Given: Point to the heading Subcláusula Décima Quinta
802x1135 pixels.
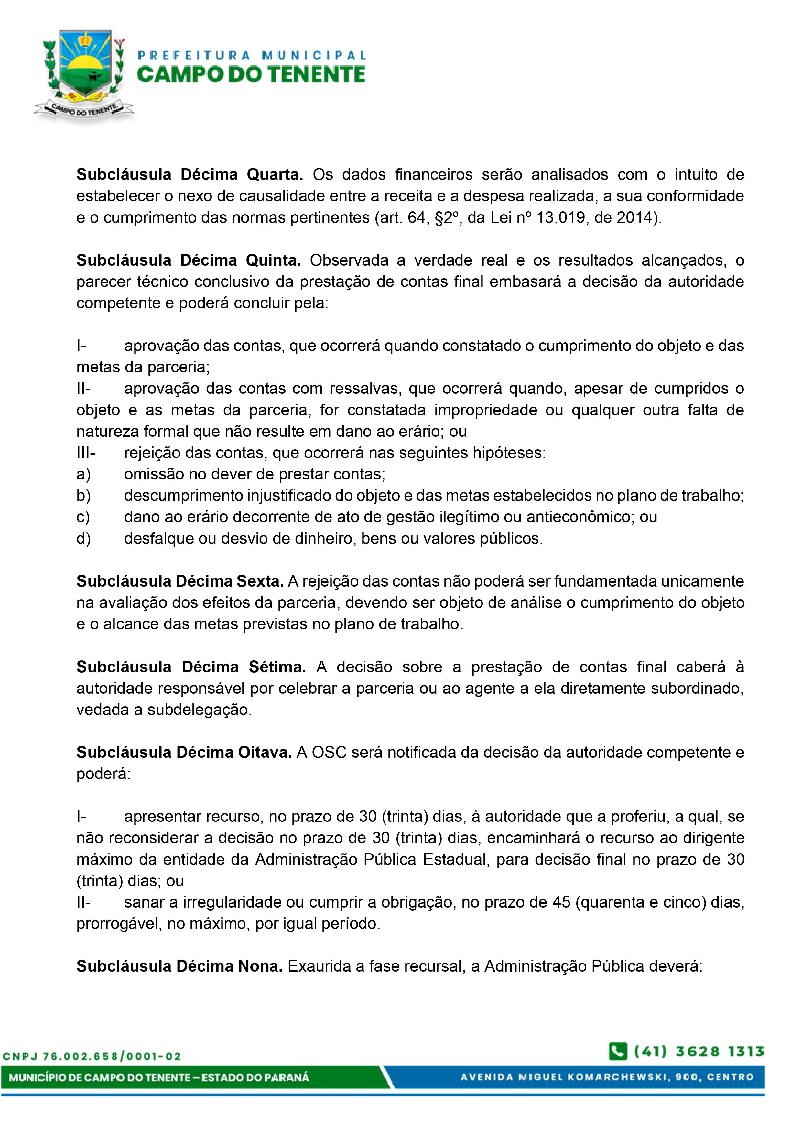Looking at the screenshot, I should [x=189, y=260].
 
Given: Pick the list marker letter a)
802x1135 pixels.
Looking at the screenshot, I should [x=83, y=474].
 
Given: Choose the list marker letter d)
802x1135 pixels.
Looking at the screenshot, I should [x=83, y=538].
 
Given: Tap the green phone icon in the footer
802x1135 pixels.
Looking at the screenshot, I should [x=618, y=1051].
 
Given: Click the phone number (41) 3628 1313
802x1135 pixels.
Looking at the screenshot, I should [x=699, y=1051].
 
